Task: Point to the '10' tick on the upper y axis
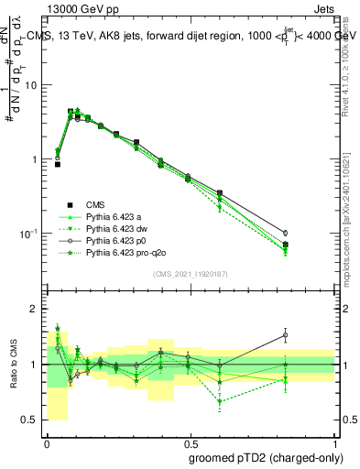(x=34, y=85)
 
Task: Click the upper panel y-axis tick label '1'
(x=37, y=159)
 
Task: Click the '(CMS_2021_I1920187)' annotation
(x=191, y=273)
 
